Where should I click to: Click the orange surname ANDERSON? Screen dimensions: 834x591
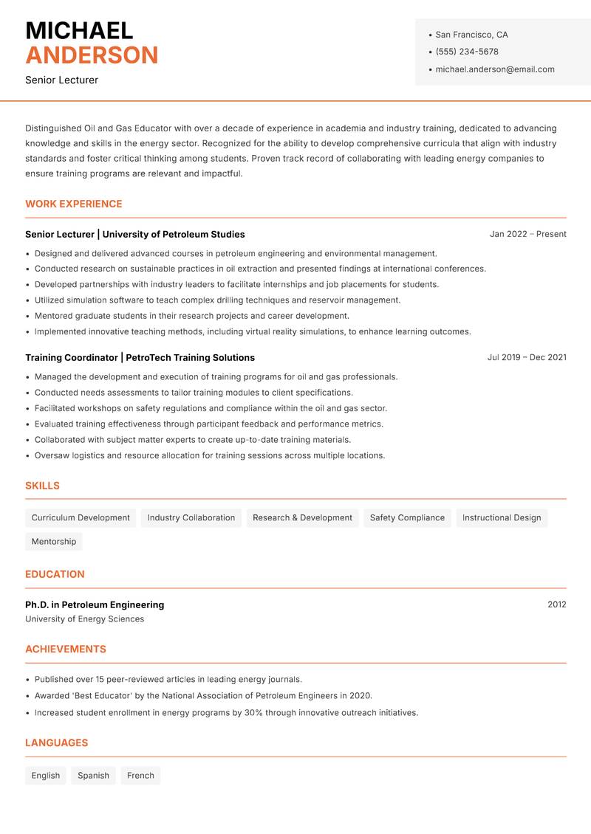click(x=92, y=55)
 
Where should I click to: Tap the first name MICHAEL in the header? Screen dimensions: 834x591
click(x=79, y=30)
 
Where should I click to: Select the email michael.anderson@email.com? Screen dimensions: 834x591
click(x=494, y=69)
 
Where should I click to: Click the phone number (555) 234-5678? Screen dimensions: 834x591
click(x=466, y=52)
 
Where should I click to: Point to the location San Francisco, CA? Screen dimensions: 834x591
click(x=471, y=35)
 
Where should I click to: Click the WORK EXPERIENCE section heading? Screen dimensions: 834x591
click(x=74, y=204)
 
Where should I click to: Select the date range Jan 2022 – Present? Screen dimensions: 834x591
click(x=527, y=234)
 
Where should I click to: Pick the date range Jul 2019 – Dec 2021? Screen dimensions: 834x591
click(x=527, y=357)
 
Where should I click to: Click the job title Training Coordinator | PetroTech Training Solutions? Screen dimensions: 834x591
click(x=140, y=357)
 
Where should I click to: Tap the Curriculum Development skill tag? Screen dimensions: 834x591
click(x=81, y=518)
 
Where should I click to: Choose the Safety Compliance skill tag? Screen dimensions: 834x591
click(x=407, y=518)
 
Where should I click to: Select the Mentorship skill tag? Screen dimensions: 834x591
click(x=54, y=542)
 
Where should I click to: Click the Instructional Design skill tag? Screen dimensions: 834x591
click(x=502, y=518)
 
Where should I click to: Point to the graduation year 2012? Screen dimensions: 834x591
click(x=556, y=604)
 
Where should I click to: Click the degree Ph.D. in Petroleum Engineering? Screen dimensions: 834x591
click(x=95, y=604)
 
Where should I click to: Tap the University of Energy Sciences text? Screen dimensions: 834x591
click(x=84, y=619)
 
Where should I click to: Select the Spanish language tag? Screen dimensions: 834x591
click(x=93, y=776)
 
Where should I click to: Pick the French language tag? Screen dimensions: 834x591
click(x=140, y=776)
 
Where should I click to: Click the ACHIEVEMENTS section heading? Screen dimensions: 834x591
click(x=66, y=649)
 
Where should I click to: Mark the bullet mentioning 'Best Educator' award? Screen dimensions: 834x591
click(x=203, y=696)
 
